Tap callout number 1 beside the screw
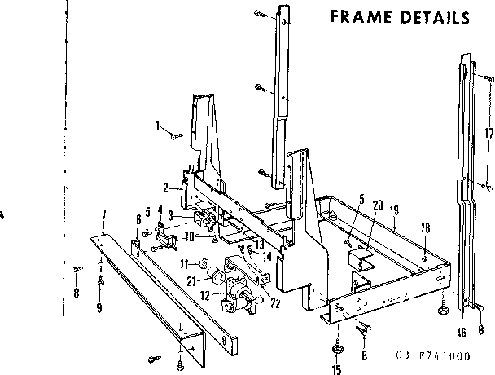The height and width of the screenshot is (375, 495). point(157,126)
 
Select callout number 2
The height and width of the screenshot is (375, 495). point(164,187)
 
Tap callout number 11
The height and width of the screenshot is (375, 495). point(184,263)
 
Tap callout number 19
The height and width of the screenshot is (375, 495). point(393,210)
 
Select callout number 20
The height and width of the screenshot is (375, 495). point(377,205)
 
